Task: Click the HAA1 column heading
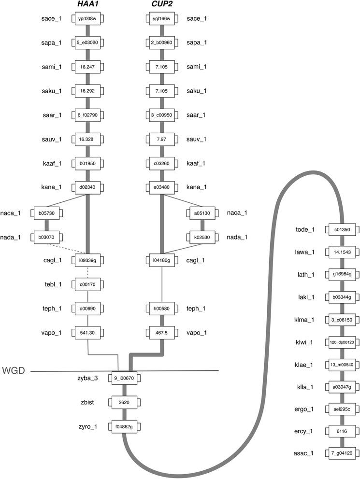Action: [88, 5]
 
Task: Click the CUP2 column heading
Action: [160, 5]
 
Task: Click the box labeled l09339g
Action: [88, 261]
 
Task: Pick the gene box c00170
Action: [88, 284]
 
